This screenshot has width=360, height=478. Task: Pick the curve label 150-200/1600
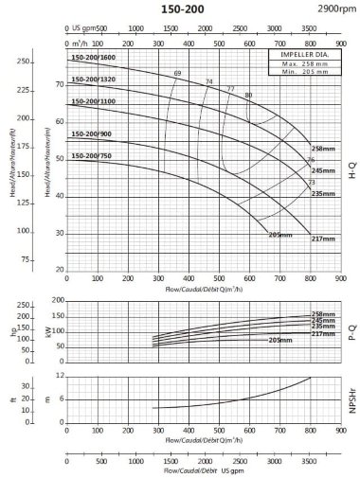[92, 59]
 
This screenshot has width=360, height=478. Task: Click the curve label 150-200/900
[91, 133]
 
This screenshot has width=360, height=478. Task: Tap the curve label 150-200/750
[91, 154]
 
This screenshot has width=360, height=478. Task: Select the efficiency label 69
[177, 74]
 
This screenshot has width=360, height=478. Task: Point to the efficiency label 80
[248, 95]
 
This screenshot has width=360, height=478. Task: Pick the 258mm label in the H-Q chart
[324, 149]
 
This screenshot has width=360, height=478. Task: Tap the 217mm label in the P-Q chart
[324, 334]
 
